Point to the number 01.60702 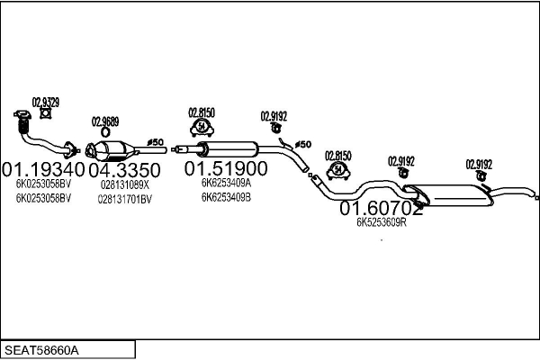(381, 209)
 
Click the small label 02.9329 (46, 102)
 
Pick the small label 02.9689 (105, 121)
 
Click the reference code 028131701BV (125, 198)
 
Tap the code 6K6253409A (226, 183)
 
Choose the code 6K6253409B (226, 196)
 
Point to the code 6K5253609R (382, 222)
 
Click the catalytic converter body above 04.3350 (116, 149)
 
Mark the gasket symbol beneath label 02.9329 (45, 114)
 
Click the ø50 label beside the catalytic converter (154, 142)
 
